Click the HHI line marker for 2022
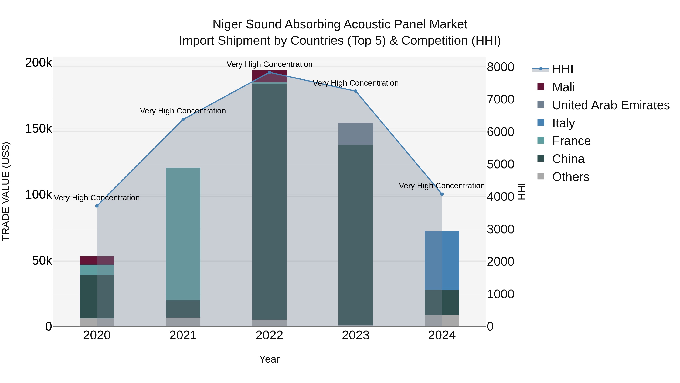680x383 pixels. pyautogui.click(x=269, y=72)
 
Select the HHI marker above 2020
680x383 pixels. pyautogui.click(x=97, y=206)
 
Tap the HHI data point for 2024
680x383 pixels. pyautogui.click(x=442, y=194)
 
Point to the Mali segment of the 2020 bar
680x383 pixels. pyautogui.click(x=97, y=260)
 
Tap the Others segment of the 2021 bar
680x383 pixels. pyautogui.click(x=183, y=322)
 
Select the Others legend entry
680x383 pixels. pyautogui.click(x=570, y=177)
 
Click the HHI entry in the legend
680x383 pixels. pyautogui.click(x=562, y=69)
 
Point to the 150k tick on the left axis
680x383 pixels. pyautogui.click(x=39, y=129)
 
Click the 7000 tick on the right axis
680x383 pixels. pyautogui.click(x=500, y=99)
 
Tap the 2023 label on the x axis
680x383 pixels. pyautogui.click(x=355, y=335)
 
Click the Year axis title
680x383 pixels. pyautogui.click(x=269, y=359)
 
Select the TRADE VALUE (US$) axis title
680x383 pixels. pyautogui.click(x=6, y=191)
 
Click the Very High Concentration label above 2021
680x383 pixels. pyautogui.click(x=183, y=111)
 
